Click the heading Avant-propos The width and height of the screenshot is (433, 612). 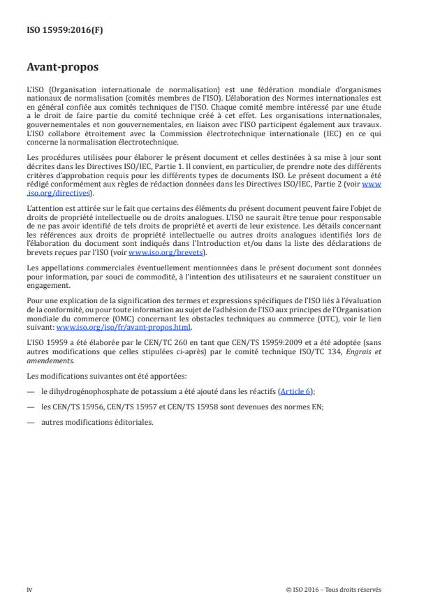[62, 68]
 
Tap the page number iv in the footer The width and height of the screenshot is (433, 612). [30, 589]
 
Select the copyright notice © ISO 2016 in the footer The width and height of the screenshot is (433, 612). [334, 589]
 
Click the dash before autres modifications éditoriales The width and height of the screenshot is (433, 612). [31, 423]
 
